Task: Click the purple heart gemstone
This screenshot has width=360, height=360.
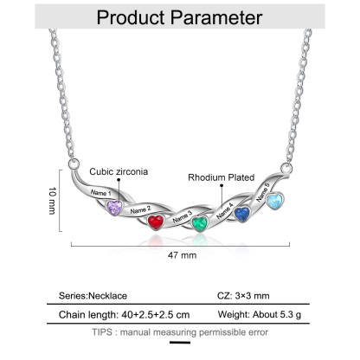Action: pos(114,208)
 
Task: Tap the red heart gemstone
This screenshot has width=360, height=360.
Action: pos(156,222)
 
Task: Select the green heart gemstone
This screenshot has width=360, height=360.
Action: pos(200,224)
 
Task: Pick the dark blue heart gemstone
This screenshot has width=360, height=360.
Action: pos(241,215)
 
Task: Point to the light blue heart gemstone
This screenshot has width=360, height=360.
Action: pos(274,201)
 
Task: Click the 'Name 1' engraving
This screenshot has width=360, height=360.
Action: pos(101,192)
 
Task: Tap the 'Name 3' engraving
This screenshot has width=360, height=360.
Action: pos(183,216)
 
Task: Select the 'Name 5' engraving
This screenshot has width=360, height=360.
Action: pos(263,192)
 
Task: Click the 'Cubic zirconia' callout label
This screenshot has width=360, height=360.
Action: pos(119,171)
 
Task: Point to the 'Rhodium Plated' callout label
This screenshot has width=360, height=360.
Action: pos(222,177)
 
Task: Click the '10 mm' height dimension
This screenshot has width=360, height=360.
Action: pos(52,201)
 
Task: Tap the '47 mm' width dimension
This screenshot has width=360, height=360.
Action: pos(182,255)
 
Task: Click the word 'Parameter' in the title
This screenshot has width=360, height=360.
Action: pos(216,18)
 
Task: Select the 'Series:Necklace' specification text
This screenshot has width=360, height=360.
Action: pos(93,296)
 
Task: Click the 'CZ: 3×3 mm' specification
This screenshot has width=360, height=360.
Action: pos(243,296)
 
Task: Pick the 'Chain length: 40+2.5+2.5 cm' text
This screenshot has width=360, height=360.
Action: pos(125,314)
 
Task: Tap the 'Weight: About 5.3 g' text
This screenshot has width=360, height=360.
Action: pos(260,314)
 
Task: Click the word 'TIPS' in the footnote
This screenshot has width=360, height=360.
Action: pos(102,332)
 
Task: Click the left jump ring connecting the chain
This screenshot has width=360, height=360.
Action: pos(74,164)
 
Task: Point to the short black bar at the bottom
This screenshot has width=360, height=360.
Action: pos(180,343)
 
